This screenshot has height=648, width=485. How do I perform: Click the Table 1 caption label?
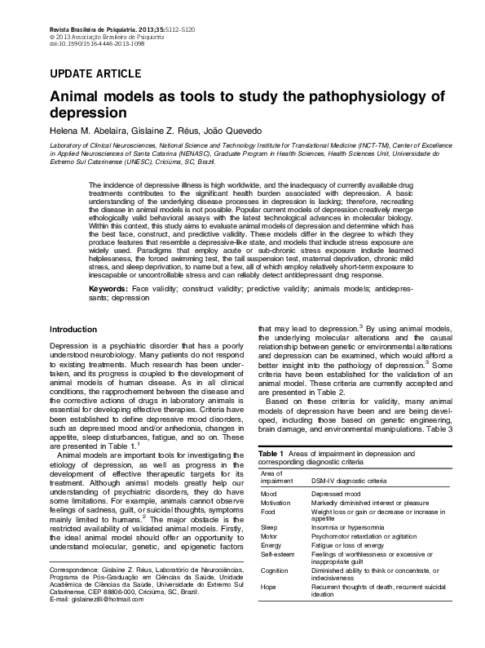(x=271, y=453)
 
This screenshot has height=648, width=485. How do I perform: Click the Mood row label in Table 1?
(x=268, y=495)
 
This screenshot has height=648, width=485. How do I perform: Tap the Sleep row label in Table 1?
(x=269, y=528)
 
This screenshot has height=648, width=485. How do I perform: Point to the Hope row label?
(x=268, y=587)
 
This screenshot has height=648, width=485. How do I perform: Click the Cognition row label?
(x=274, y=570)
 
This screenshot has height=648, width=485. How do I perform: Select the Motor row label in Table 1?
(x=269, y=537)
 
